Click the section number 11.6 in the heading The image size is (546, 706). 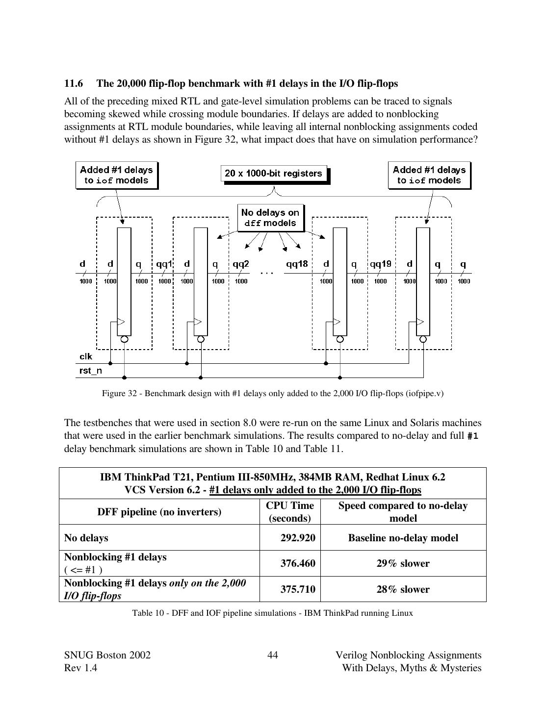[x=73, y=83]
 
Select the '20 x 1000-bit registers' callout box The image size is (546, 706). [x=273, y=173]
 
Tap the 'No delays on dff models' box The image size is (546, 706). [x=270, y=218]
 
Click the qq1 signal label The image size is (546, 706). [x=164, y=264]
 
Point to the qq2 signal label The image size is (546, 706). [x=240, y=264]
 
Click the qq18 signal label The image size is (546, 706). [x=297, y=264]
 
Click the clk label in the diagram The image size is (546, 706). [x=86, y=356]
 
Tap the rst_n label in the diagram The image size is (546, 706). [x=91, y=371]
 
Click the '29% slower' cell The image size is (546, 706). [x=403, y=563]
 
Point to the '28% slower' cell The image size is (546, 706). [x=403, y=589]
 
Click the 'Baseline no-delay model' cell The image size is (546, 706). [x=403, y=538]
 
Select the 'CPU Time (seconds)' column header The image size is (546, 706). [x=290, y=512]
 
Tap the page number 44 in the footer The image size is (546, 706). [x=273, y=656]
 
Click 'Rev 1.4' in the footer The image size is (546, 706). [x=80, y=668]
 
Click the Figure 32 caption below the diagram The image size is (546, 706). [x=273, y=393]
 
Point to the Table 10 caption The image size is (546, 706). [x=273, y=613]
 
